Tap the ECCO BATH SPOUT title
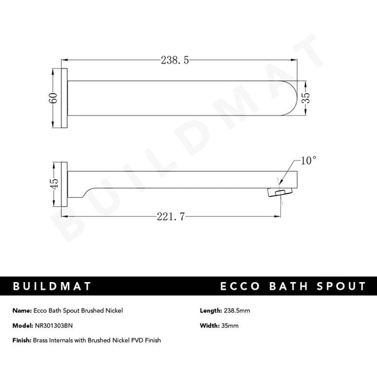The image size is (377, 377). pos(293,287)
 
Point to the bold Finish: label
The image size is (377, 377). pos(22,340)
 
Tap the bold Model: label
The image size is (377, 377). pos(22,325)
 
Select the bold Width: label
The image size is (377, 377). pos(209,325)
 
